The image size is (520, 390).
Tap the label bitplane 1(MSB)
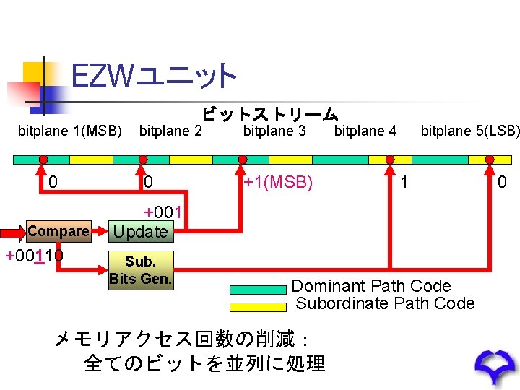click(70, 131)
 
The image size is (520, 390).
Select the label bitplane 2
click(170, 131)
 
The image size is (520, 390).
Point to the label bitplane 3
click(274, 131)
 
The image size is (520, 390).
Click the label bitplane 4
click(365, 131)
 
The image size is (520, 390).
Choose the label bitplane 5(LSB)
click(470, 131)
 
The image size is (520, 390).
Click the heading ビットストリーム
click(269, 114)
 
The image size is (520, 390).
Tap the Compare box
click(58, 232)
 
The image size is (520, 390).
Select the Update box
click(140, 232)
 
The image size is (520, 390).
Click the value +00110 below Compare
click(34, 255)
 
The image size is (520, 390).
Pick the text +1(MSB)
click(278, 183)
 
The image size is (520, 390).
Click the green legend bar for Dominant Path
click(258, 290)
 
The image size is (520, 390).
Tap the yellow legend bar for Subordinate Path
click(258, 306)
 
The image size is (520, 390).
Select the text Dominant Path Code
click(371, 286)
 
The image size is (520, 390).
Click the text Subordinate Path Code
click(386, 303)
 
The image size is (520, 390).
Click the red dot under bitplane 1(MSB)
click(43, 160)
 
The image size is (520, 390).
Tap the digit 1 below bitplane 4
click(404, 183)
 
